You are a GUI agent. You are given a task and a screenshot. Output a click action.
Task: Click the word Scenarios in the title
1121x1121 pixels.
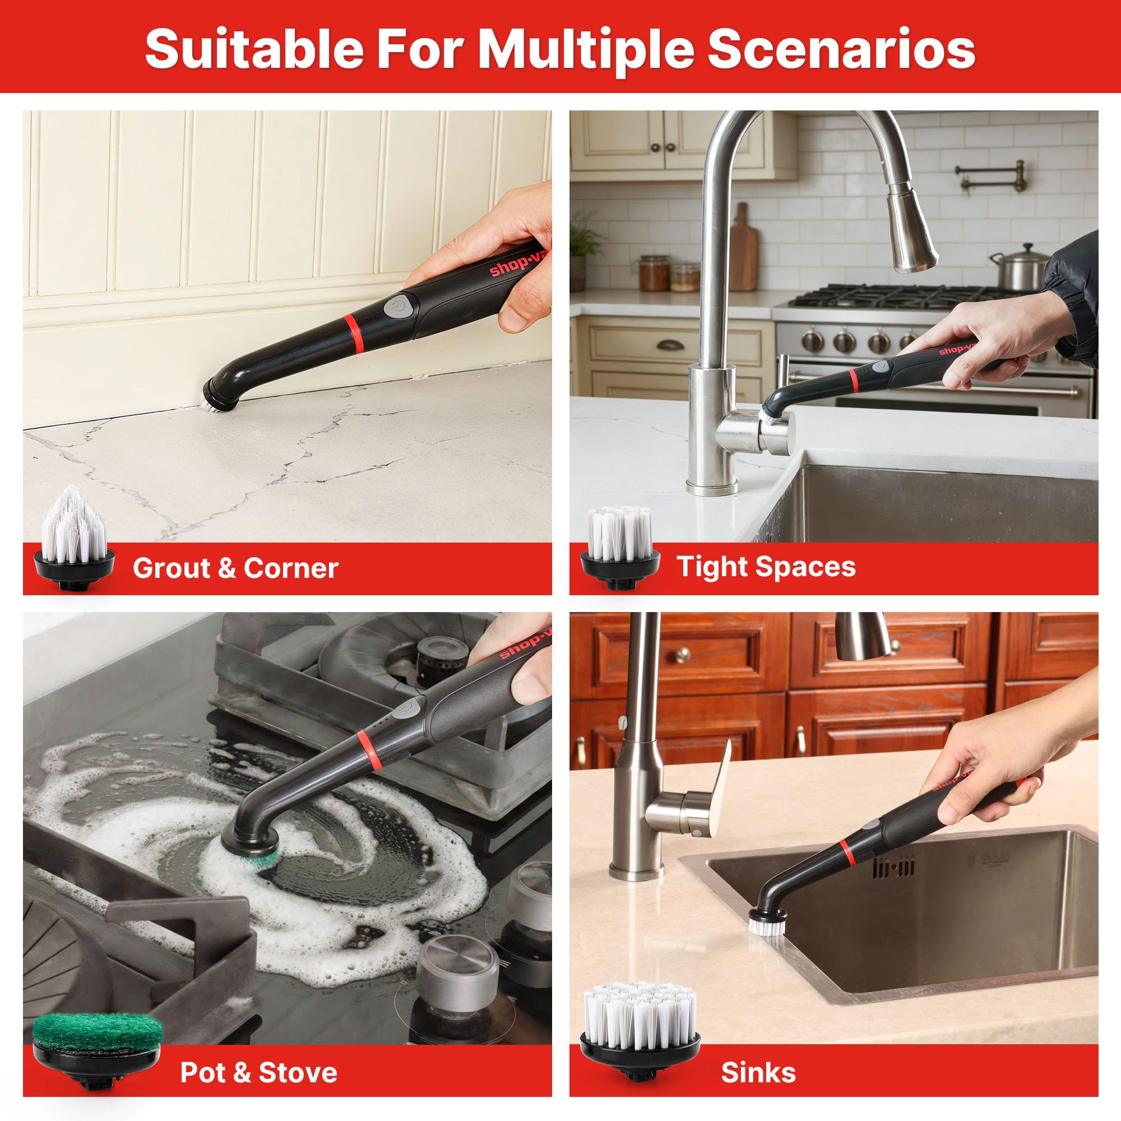coord(841,49)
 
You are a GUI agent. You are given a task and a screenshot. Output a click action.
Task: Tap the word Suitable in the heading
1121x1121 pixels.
coord(254,49)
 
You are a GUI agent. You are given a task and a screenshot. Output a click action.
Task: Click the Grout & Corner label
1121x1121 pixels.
coord(235,568)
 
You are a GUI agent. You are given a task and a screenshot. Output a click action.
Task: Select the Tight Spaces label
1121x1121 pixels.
coord(766,566)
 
